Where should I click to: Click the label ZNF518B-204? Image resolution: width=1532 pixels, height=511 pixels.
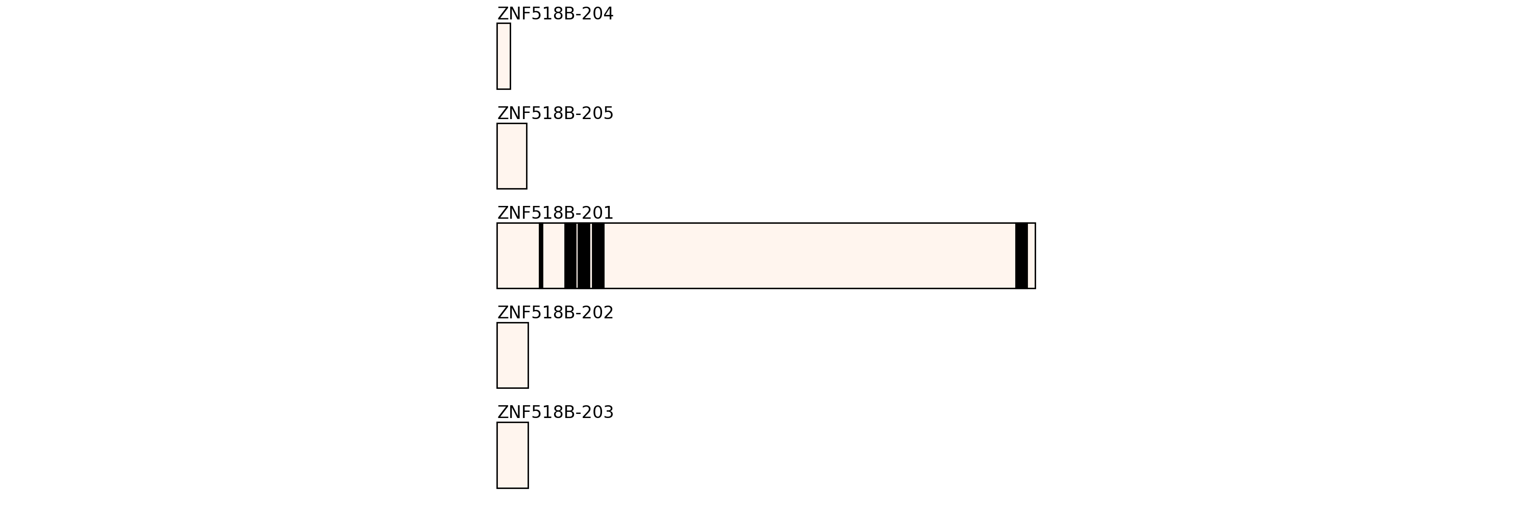coord(555,14)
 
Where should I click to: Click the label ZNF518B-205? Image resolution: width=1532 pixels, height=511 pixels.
coord(555,113)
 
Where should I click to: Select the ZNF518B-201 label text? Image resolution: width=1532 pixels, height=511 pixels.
coord(555,213)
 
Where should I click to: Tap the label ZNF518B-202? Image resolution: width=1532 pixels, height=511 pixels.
coord(555,313)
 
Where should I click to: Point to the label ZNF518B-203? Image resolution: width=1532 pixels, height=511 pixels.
coord(555,412)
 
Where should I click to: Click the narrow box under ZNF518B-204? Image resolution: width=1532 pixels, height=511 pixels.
coord(504,57)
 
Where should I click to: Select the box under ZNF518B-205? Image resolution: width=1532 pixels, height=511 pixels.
coord(512,156)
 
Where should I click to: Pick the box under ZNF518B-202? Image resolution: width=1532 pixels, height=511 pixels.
coord(512,355)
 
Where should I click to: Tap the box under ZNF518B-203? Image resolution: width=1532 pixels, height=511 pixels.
coord(512,455)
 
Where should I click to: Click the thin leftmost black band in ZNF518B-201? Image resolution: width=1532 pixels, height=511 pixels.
coord(541,256)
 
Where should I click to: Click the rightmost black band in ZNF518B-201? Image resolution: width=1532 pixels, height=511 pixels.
coord(1021,256)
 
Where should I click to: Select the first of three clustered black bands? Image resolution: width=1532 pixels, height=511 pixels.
coord(570,256)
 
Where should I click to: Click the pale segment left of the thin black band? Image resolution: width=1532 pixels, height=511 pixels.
coord(518,256)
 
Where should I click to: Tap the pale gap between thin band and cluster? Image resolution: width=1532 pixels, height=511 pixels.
coord(554,256)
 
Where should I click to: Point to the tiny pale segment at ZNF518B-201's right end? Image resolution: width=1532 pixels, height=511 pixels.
coord(1031,256)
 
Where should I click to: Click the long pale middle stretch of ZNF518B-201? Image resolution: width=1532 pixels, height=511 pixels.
coord(809,256)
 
